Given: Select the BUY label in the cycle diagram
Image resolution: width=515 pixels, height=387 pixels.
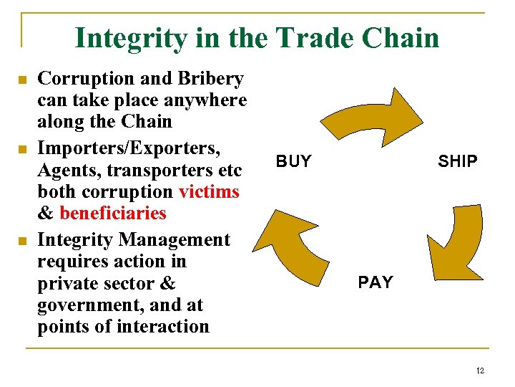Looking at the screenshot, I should point(293,161).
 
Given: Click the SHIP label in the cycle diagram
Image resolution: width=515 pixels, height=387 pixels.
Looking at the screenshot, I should point(458,161).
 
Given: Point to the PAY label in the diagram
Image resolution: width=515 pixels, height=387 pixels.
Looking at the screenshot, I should point(376,282).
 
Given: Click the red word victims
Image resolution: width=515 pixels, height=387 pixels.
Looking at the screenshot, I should point(209,192).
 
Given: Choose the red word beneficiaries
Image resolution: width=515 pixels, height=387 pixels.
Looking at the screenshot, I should point(113,213).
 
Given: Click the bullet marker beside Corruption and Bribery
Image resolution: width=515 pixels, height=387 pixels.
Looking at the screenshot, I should point(22,79).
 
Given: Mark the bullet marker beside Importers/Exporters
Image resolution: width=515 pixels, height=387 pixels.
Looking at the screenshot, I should point(22,150).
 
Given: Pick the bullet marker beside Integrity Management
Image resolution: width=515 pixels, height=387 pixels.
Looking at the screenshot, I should point(22,239).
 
